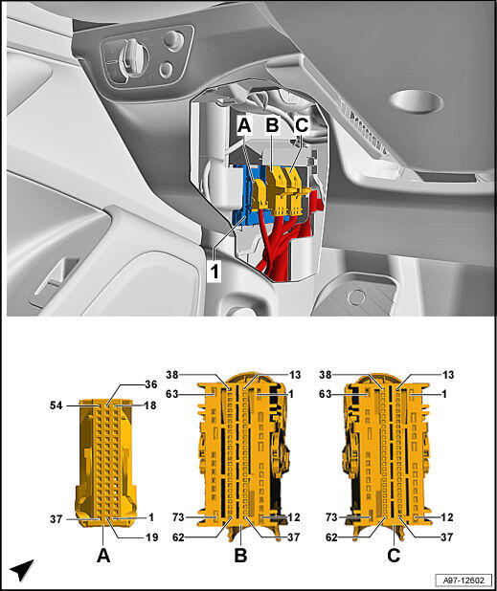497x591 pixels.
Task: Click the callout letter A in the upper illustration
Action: [244, 124]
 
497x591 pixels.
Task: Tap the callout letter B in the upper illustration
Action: [272, 124]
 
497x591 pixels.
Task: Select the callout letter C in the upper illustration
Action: [302, 124]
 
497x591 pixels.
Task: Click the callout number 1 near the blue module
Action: [215, 271]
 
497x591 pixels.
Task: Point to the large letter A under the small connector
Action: [103, 556]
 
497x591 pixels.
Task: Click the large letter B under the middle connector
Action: [240, 556]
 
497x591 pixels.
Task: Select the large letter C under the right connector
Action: [394, 556]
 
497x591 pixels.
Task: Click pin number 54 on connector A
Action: [56, 405]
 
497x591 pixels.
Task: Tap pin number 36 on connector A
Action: [150, 384]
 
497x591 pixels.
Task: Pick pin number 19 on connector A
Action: [151, 537]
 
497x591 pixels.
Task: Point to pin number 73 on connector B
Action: [178, 516]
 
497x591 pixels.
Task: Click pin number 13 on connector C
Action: [448, 375]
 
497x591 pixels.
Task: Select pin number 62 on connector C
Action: [331, 537]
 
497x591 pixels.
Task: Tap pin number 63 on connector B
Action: [172, 394]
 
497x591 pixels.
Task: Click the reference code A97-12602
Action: [463, 580]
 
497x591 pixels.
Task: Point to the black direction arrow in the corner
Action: [22, 571]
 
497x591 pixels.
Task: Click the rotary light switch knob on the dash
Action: [129, 57]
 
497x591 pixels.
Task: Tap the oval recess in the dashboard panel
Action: [417, 101]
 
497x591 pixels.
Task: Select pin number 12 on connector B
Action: [294, 517]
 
